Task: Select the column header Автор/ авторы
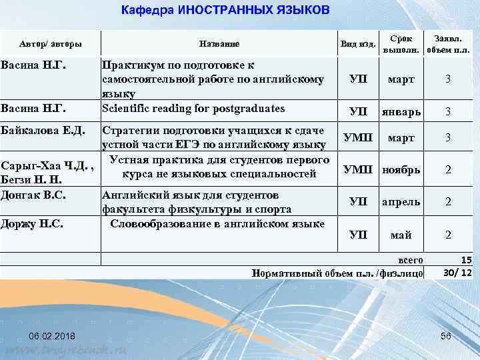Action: click(x=51, y=44)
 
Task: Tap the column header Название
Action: click(x=219, y=44)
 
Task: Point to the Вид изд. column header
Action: click(x=357, y=44)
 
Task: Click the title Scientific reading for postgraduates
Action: click(x=193, y=108)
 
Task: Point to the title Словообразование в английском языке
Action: click(x=217, y=223)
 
